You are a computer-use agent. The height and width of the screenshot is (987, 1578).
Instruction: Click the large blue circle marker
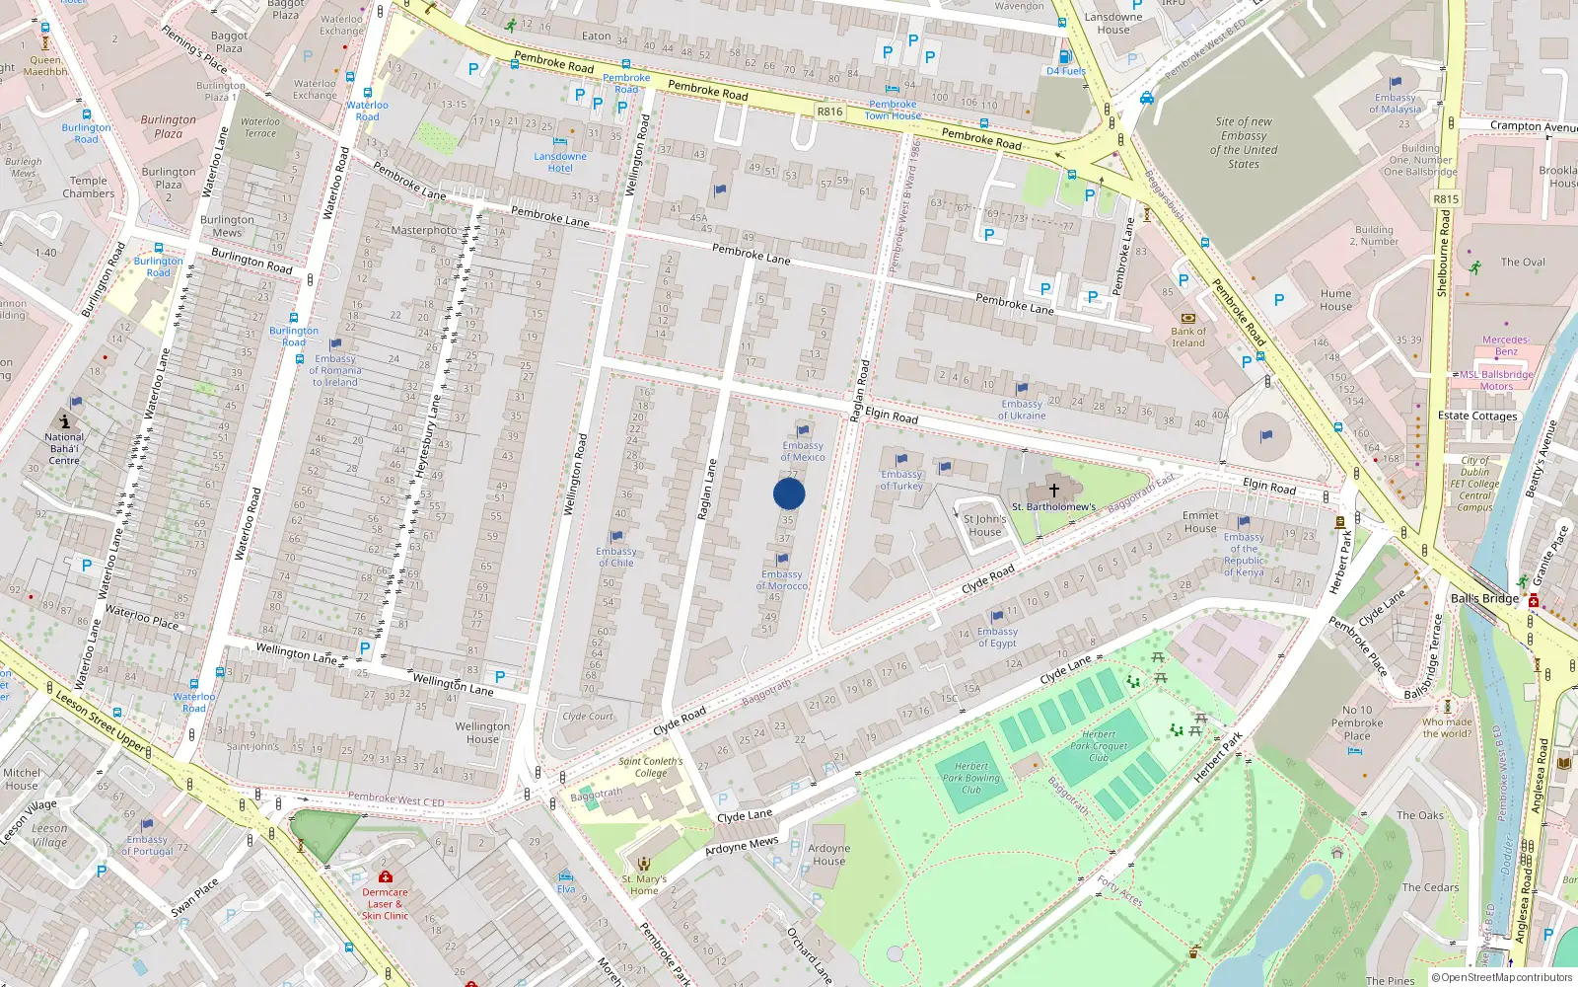pos(789,493)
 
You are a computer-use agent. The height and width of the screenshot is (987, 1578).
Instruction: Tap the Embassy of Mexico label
pos(803,451)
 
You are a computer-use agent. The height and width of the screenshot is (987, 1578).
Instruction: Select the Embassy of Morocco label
pos(782,580)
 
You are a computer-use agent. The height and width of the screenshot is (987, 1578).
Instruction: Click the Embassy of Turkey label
pos(901,480)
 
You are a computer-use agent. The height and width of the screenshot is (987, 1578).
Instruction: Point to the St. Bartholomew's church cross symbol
pos(1053,490)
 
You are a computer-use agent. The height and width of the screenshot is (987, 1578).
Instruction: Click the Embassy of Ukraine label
pos(1022,410)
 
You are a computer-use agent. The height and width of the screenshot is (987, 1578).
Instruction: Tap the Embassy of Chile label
pos(616,557)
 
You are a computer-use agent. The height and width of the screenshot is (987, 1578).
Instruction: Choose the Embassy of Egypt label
pos(997,638)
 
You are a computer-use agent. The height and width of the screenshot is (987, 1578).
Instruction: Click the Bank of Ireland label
pos(1188,337)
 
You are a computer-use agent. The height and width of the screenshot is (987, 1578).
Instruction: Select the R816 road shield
pos(829,112)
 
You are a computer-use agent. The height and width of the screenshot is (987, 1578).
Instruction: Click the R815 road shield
pos(1446,199)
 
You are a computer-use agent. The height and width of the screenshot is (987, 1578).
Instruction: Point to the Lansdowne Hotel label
pos(560,162)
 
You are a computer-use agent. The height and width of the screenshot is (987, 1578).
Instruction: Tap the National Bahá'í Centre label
pos(64,448)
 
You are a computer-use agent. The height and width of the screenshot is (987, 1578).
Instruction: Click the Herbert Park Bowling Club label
pos(971,778)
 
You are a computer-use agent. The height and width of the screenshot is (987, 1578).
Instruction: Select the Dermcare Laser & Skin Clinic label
pos(385,903)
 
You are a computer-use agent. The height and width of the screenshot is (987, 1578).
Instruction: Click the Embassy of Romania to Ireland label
pos(335,370)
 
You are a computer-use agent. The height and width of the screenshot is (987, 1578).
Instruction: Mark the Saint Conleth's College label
pos(650,767)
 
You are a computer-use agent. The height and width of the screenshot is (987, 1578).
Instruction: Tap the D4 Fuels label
pos(1066,71)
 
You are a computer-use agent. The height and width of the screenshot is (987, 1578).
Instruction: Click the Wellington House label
pos(482,732)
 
